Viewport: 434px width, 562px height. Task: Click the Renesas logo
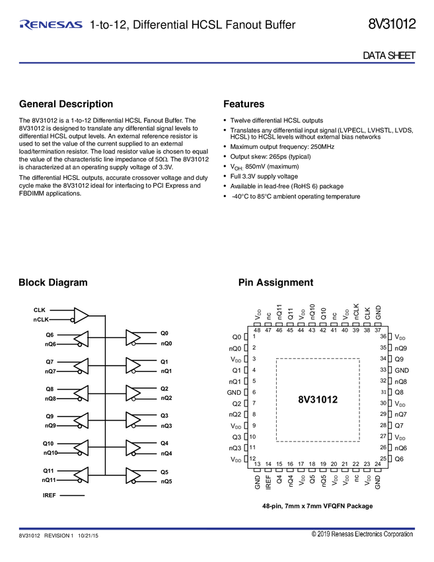coord(51,25)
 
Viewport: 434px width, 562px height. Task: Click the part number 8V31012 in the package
coord(318,400)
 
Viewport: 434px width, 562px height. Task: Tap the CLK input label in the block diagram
coord(40,309)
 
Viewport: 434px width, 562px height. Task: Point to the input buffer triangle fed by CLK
coord(81,314)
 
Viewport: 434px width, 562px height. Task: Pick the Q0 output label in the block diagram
coord(164,334)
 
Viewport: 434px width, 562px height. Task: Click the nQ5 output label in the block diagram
coord(166,481)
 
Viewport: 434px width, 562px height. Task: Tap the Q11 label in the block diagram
coord(48,471)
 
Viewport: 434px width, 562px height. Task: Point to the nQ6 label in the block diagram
coord(50,344)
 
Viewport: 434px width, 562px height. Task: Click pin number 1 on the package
coord(254,337)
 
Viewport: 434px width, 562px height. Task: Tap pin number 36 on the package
coord(382,337)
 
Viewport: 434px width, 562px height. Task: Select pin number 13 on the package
coord(257,464)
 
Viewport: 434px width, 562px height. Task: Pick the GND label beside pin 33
coord(402,370)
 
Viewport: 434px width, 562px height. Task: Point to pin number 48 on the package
coord(257,330)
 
